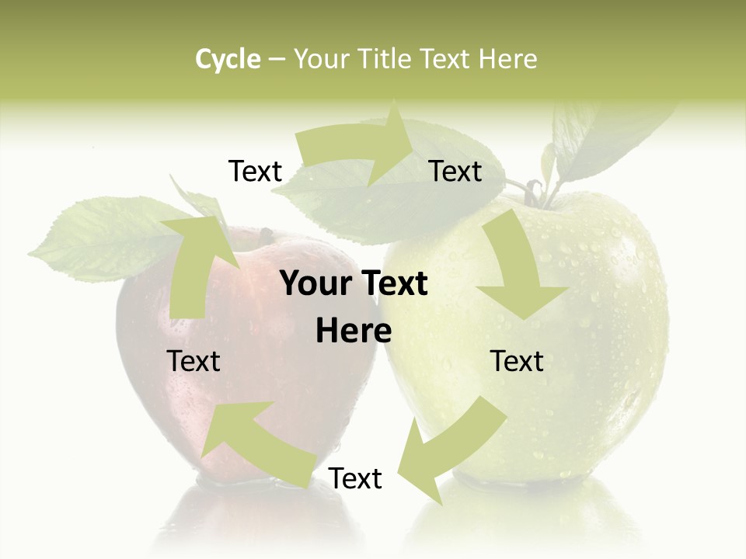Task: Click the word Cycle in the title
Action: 228,59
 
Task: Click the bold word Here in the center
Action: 354,332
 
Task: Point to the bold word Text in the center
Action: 391,284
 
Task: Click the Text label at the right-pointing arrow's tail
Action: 255,172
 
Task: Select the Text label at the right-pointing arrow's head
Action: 455,172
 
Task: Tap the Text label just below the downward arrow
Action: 517,362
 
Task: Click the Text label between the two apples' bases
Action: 355,479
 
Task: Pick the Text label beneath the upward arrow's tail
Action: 194,362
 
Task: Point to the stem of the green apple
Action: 532,190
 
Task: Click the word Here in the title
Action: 507,59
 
